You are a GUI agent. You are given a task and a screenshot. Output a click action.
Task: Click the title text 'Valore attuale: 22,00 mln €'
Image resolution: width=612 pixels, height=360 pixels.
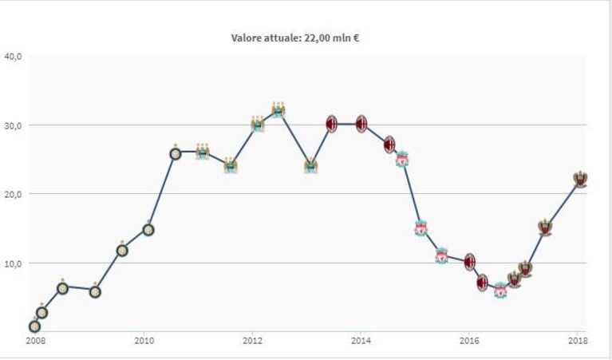[x=295, y=38]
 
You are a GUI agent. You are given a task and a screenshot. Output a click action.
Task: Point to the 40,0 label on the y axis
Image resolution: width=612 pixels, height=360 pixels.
[x=14, y=57]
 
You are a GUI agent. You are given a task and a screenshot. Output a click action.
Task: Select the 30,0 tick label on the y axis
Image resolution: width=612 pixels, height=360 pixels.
[x=14, y=126]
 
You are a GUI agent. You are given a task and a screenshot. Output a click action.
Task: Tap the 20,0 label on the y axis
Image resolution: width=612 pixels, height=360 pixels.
[x=14, y=194]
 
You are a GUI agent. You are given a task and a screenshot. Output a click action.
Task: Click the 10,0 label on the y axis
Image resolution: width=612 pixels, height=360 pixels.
[x=14, y=263]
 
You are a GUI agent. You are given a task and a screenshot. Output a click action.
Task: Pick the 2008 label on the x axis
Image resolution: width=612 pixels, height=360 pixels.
[x=36, y=341]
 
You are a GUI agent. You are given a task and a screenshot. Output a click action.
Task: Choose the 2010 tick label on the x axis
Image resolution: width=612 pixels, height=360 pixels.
[x=144, y=341]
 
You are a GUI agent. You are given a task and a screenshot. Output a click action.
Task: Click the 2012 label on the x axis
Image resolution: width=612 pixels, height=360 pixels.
[x=252, y=341]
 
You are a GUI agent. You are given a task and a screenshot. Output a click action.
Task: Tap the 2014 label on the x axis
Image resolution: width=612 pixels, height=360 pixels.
[x=361, y=341]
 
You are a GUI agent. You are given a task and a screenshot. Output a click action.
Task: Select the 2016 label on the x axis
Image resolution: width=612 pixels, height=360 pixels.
[x=469, y=341]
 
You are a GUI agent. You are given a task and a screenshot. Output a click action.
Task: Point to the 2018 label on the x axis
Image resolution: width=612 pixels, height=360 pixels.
[x=578, y=341]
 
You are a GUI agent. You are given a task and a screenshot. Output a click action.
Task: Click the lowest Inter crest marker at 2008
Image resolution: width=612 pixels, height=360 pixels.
[x=34, y=326]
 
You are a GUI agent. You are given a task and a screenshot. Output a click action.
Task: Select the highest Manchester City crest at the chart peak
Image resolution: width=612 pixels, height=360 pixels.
[x=278, y=110]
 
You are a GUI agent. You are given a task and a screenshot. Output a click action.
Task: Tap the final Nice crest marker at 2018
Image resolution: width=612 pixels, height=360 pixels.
[x=580, y=179]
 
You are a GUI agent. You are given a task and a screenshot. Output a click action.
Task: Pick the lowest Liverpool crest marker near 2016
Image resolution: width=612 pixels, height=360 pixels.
[x=500, y=291]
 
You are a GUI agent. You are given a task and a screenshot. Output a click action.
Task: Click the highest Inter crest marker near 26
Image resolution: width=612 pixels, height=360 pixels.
[x=176, y=153]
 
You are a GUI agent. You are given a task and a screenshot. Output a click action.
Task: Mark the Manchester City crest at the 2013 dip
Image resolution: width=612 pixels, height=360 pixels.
[x=311, y=166]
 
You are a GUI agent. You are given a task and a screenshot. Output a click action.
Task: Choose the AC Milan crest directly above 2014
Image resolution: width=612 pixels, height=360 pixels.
[x=361, y=125]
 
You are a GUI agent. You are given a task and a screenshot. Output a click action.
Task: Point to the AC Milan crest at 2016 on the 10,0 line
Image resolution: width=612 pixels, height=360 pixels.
[x=470, y=262]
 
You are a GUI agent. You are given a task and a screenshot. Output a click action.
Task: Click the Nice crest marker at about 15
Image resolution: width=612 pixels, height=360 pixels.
[x=545, y=227]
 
